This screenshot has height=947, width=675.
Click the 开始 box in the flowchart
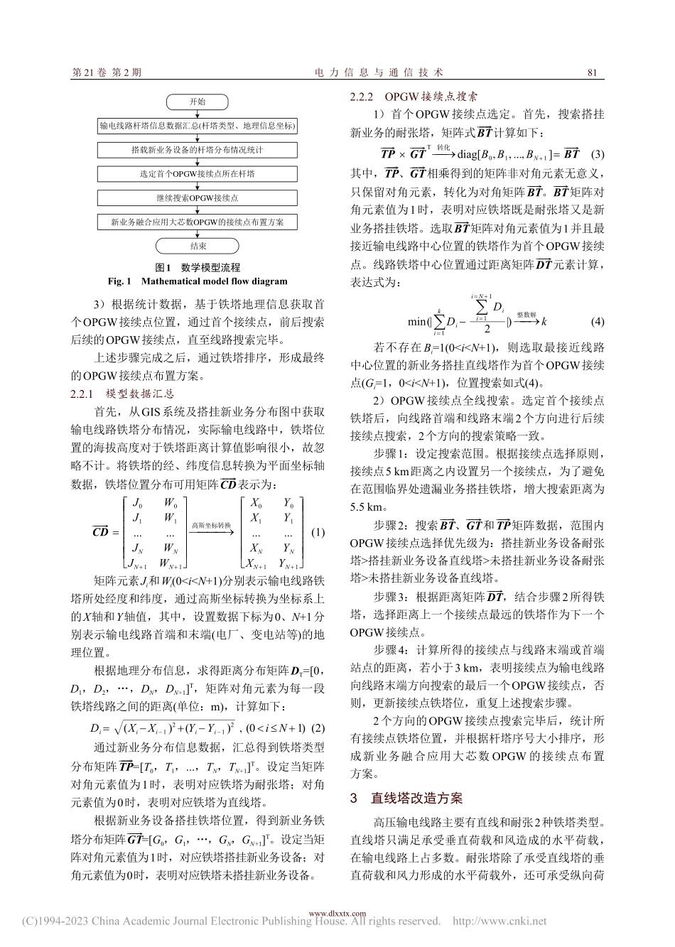pos(198,102)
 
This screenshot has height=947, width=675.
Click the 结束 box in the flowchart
pos(198,246)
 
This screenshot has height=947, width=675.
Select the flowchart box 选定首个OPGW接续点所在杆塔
pos(198,173)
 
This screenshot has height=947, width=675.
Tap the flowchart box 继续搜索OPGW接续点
pos(198,197)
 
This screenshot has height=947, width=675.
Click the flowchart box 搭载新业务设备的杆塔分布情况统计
pos(198,150)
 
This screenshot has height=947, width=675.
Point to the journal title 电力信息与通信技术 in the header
pos(379,72)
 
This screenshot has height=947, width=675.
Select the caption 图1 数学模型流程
pos(198,268)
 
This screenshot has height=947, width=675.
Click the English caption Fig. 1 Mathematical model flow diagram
pos(198,281)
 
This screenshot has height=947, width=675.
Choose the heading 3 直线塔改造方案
pos(406,798)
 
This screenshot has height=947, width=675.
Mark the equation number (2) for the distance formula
pos(318,727)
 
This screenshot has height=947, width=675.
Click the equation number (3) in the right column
pos(597,154)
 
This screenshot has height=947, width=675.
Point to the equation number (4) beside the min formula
pos(597,321)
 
